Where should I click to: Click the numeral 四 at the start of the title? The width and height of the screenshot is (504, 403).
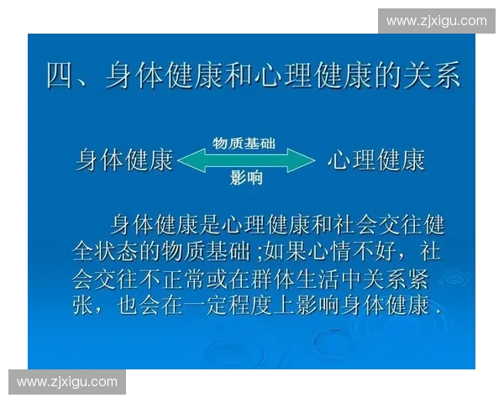click(x=60, y=76)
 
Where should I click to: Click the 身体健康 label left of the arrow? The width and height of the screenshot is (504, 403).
click(x=125, y=160)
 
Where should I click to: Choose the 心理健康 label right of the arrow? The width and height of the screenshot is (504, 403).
click(x=376, y=160)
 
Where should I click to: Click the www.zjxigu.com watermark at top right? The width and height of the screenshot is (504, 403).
click(x=436, y=20)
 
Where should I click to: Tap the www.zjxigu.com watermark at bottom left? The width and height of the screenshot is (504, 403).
click(x=67, y=382)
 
